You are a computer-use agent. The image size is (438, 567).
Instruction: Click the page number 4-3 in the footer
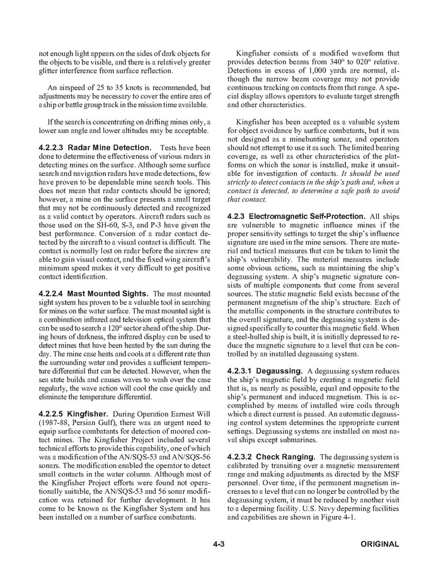point(219,544)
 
